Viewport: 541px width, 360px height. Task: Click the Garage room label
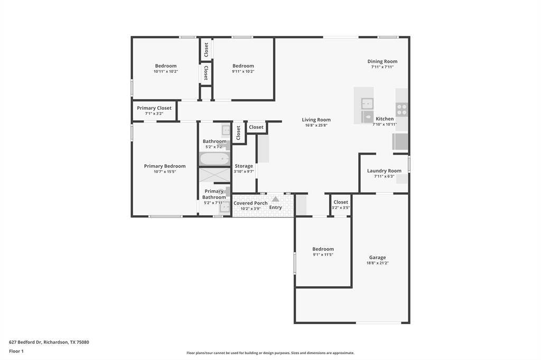(377, 257)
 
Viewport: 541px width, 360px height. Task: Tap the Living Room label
(316, 120)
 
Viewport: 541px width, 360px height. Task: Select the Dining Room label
(383, 61)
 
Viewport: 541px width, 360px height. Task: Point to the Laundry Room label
(384, 170)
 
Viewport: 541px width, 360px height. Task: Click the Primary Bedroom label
(165, 166)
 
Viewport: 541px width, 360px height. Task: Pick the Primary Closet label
(154, 108)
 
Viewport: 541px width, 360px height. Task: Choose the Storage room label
(244, 166)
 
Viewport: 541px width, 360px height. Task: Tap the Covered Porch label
(250, 203)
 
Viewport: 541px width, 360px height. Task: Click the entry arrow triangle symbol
(275, 199)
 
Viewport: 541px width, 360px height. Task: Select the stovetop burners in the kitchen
(402, 110)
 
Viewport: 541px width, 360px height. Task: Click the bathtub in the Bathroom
(214, 159)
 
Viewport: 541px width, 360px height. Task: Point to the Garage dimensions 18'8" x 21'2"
(377, 263)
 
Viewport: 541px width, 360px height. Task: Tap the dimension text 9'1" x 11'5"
(323, 255)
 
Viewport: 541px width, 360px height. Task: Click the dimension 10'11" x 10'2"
(165, 71)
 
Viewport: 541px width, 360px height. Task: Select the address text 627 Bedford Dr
(25, 342)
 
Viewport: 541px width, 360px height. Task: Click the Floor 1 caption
(16, 351)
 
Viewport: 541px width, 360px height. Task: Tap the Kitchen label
(385, 119)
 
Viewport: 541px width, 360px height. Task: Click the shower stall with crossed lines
(214, 175)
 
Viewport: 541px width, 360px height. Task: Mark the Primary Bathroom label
(214, 194)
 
